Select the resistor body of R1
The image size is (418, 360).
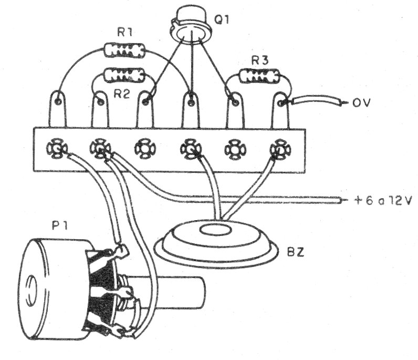point(125,50)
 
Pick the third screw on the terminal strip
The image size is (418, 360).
point(143,149)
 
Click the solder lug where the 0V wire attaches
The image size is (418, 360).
point(282,102)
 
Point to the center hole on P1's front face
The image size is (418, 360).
point(29,288)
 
